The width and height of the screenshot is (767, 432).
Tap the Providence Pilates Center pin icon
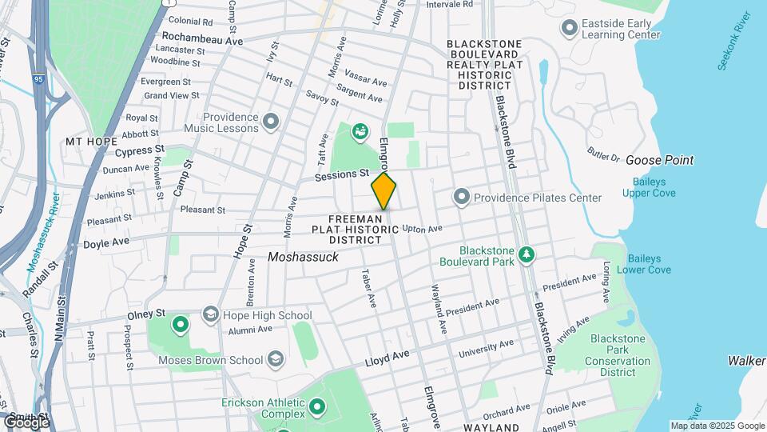pyautogui.click(x=461, y=197)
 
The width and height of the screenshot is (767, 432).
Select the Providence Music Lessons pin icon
pyautogui.click(x=272, y=122)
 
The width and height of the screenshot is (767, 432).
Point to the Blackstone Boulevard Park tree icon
pyautogui.click(x=526, y=254)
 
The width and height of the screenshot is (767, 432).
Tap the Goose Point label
pyautogui.click(x=659, y=160)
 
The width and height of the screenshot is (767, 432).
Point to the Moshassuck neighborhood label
pyautogui.click(x=304, y=258)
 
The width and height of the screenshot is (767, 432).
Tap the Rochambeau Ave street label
pyautogui.click(x=201, y=38)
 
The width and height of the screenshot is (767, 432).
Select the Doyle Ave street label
pyautogui.click(x=106, y=242)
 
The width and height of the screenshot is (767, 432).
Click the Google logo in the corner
pyautogui.click(x=26, y=421)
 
